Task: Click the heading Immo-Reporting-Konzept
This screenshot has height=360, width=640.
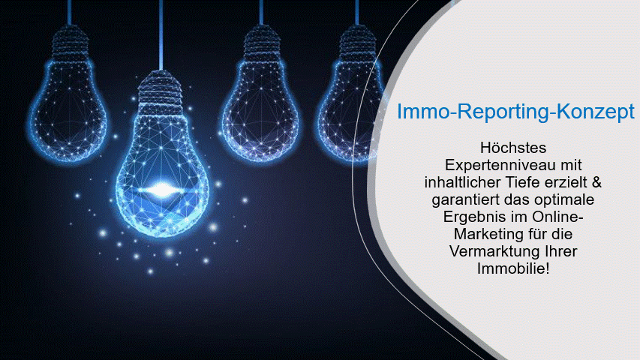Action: click(x=516, y=112)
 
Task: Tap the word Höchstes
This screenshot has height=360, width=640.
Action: click(x=513, y=148)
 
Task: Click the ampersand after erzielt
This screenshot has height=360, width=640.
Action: click(x=596, y=182)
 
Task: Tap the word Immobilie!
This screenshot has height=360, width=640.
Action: click(x=513, y=268)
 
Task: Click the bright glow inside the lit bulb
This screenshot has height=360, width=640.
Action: click(x=161, y=189)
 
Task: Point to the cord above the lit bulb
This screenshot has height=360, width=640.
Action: click(x=161, y=35)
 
